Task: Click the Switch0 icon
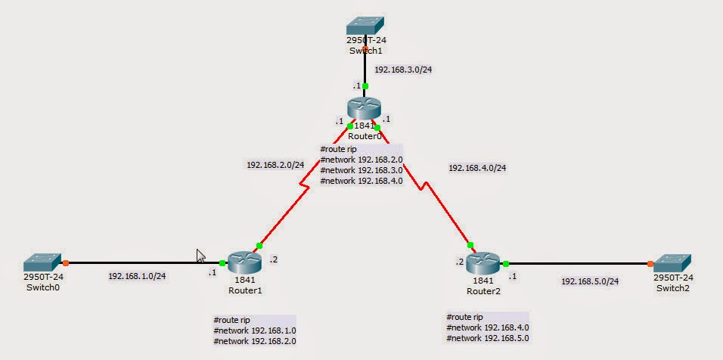pos(42,262)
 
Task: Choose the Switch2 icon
pos(673,262)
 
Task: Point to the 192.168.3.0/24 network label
pos(403,70)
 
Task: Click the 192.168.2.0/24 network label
pos(275,164)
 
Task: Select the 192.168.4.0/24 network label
pos(477,168)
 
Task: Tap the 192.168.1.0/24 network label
pos(137,276)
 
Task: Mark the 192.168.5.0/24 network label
pos(590,281)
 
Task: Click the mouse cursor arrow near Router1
pos(200,255)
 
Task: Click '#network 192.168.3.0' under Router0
pos(361,170)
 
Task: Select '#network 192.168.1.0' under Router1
pos(255,331)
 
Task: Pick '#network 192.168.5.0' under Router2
pos(488,338)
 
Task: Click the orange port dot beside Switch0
pos(66,262)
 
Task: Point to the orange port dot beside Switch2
pos(650,264)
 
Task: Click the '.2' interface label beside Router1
pos(274,260)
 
